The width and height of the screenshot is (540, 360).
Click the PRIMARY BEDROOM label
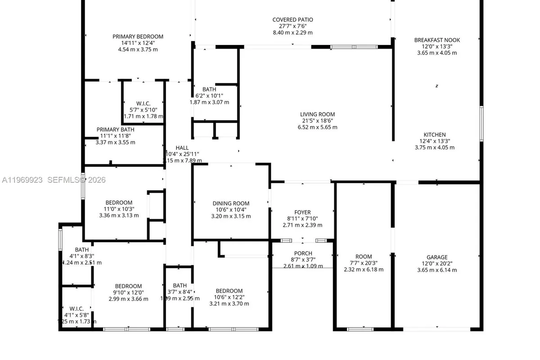138,36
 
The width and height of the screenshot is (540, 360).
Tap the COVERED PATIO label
292,20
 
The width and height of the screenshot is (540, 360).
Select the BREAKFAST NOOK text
437,40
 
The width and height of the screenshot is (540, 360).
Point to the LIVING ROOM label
318,114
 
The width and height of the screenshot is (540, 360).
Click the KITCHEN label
435,135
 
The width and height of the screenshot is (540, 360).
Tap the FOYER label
302,212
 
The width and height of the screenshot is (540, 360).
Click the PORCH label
303,253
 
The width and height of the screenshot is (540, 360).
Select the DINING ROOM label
231,203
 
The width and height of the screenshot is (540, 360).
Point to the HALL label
182,148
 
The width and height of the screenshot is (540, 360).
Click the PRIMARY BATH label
115,130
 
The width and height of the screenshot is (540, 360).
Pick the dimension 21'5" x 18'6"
318,121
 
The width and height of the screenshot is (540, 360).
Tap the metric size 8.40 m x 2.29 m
292,32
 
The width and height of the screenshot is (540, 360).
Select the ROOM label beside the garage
364,257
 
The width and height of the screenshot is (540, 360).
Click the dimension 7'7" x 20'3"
364,263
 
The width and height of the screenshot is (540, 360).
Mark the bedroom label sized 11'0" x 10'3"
119,202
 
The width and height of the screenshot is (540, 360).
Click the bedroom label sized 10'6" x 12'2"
229,291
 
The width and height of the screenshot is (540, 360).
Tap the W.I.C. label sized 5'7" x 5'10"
143,103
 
